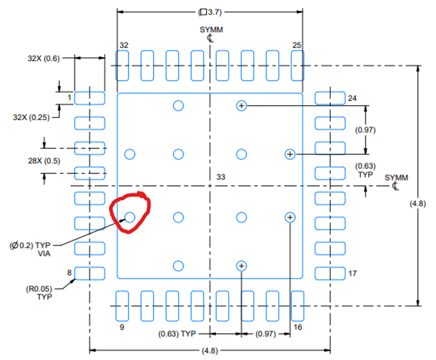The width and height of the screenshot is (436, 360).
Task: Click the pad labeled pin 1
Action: [90, 98]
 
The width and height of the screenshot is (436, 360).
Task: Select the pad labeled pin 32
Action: [122, 65]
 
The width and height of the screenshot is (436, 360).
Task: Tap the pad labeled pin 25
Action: [297, 65]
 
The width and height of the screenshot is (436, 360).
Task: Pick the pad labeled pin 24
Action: [330, 98]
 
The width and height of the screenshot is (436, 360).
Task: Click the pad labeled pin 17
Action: [330, 273]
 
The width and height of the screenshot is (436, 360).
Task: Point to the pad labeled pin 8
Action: [90, 273]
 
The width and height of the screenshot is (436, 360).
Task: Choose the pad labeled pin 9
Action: [122, 306]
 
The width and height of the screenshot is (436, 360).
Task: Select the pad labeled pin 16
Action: [297, 306]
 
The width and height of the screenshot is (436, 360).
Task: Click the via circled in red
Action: [130, 217]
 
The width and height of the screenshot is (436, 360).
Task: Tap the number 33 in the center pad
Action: [221, 177]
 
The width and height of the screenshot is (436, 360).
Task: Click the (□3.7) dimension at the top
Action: [210, 12]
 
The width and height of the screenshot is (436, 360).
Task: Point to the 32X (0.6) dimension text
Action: [44, 58]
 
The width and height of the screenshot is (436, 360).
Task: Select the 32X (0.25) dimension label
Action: [31, 117]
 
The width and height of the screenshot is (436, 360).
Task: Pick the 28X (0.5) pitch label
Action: [44, 161]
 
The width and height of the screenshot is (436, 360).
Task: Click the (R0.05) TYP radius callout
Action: [39, 293]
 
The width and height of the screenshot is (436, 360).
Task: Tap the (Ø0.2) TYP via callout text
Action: [30, 249]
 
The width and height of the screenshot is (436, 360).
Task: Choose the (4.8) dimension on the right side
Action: [418, 204]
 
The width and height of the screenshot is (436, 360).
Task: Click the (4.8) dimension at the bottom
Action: [210, 351]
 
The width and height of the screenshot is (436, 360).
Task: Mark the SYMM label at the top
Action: [211, 30]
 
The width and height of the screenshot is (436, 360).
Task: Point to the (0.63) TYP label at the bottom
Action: [177, 334]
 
